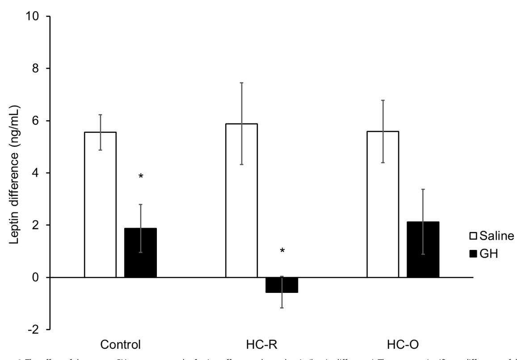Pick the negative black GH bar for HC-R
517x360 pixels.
[282, 285]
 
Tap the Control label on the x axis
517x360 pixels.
[121, 345]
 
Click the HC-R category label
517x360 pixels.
[262, 345]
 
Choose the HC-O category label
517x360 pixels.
[403, 345]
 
